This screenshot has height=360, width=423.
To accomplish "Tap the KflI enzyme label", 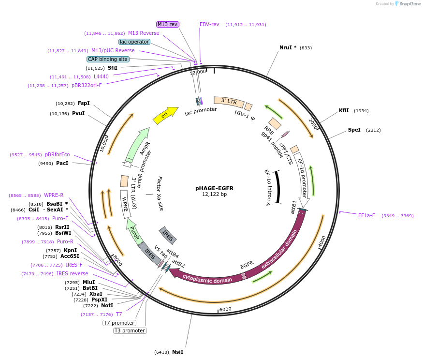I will pos(344,110).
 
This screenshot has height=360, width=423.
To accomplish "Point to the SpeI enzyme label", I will pos(354,130).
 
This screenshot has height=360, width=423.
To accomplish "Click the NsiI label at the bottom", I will pos(177,352).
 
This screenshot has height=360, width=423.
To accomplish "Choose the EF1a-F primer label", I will pos(366,215).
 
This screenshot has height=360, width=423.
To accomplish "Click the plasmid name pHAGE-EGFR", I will pos(214,188).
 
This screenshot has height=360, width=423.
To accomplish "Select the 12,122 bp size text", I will pos(214,195).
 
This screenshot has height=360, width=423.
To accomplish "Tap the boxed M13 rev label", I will pos(167,24).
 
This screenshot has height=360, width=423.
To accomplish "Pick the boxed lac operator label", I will pos(134,42).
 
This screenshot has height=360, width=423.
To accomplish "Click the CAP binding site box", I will pos(108,59).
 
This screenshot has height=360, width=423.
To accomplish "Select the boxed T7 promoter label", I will pos(119,323).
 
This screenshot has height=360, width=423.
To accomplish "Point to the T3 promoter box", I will pos(130,330).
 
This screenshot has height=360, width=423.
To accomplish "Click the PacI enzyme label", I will pos(62,164).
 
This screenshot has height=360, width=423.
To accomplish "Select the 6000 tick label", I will pos(225,309).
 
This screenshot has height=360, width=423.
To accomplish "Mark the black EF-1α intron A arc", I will pos(277,186).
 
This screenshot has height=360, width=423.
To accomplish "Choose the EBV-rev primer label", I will pos(209,24).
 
